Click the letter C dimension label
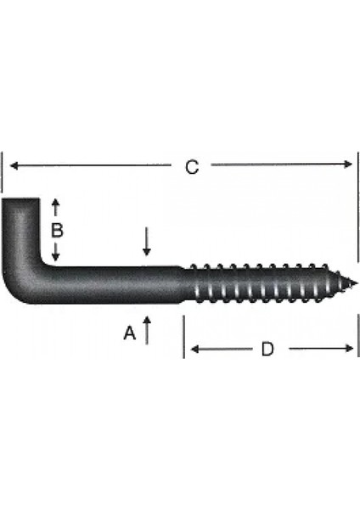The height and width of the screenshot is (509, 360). tap(192, 167)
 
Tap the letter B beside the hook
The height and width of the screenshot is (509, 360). tap(55, 230)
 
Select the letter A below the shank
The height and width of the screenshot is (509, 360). tap(129, 334)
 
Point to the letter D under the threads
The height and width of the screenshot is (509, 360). tap(267, 349)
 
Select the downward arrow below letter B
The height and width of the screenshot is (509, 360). tap(56, 255)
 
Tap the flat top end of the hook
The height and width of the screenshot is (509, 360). tap(20, 201)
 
